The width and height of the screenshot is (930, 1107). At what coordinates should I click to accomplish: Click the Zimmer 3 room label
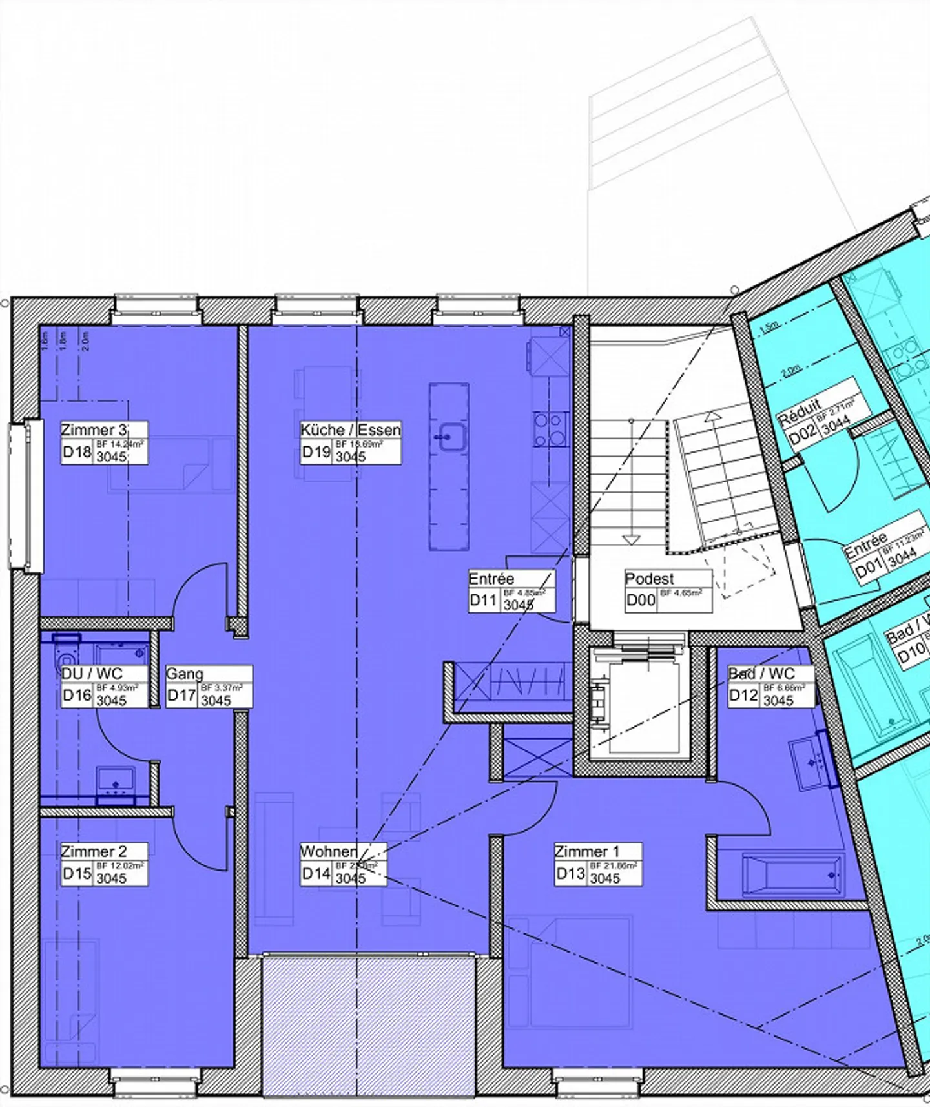[94, 430]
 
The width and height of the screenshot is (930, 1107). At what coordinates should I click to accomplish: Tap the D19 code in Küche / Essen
[316, 452]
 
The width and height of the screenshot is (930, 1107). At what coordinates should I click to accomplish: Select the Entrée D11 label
[491, 579]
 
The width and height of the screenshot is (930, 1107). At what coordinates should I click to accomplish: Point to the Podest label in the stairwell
[649, 579]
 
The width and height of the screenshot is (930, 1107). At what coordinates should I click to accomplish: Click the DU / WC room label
[92, 674]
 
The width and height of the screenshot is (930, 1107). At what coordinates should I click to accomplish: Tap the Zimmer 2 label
[94, 851]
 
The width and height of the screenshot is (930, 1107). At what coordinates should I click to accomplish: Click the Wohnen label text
[329, 851]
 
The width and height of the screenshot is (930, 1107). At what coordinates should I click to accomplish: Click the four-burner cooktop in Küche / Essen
[551, 429]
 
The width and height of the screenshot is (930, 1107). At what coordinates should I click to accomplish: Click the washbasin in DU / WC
[116, 782]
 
